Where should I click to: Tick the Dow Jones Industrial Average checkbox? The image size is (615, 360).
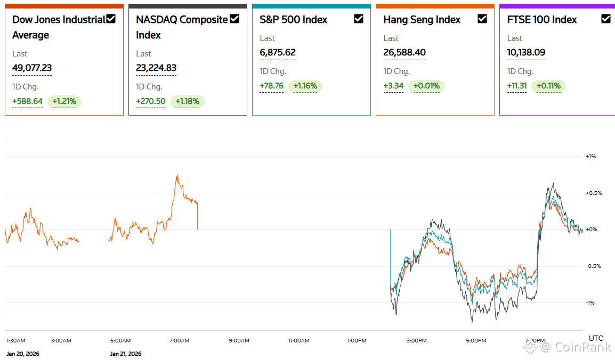tap(111, 19)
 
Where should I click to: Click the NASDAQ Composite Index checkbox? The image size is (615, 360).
tap(234, 19)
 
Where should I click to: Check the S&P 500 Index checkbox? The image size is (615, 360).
tap(359, 19)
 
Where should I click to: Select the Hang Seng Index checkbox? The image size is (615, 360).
tap(482, 19)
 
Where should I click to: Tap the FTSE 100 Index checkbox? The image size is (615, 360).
tap(606, 19)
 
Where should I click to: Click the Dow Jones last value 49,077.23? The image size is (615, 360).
tap(32, 68)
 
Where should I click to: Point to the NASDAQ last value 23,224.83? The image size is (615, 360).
tap(156, 68)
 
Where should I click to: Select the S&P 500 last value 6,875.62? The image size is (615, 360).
tap(278, 53)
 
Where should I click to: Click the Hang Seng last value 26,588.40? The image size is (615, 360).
tap(404, 53)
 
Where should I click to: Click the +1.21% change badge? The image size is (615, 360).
tap(64, 102)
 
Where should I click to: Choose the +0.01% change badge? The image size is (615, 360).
tap(427, 86)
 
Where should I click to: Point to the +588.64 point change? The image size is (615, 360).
tap(27, 102)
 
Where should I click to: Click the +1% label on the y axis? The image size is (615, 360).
tap(590, 157)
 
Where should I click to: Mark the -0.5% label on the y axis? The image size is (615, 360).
tap(593, 266)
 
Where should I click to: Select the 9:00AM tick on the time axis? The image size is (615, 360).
tap(238, 340)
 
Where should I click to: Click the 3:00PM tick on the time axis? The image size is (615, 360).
tap(416, 340)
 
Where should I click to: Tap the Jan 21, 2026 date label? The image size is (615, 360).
tap(126, 354)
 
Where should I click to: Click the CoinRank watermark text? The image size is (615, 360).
tap(576, 347)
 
